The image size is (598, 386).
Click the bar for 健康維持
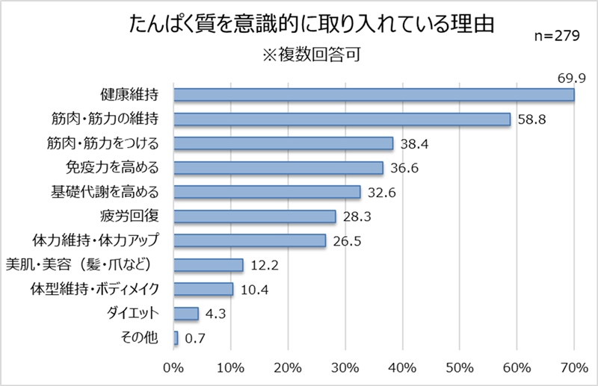tap(374, 95)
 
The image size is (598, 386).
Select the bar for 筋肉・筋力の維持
tap(342, 119)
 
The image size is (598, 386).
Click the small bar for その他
tap(176, 338)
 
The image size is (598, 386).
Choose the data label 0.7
tap(195, 338)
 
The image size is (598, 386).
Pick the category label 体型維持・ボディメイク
tap(96, 289)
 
